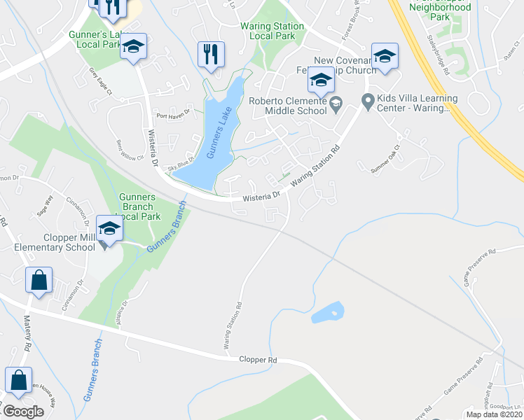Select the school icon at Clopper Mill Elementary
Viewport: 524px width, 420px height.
point(109,229)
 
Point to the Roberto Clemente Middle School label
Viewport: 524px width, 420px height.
point(288,106)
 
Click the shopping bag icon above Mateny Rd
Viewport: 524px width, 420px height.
point(39,280)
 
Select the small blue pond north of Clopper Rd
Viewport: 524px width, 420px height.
point(328,312)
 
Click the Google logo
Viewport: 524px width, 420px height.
point(23,412)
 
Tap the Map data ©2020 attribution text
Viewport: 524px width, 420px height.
point(494,414)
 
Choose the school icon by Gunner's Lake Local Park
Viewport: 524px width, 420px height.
point(133,47)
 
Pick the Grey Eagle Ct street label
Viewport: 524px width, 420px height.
point(100,76)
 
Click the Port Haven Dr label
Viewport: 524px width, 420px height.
point(173,116)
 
